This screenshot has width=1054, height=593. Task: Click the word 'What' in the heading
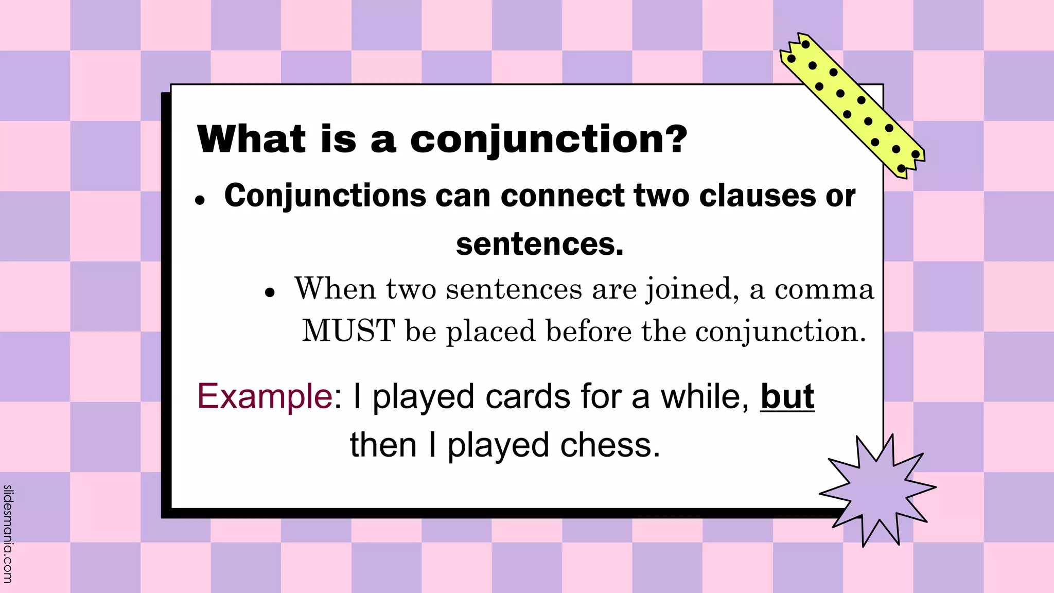(251, 139)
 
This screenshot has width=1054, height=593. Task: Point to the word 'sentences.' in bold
(539, 244)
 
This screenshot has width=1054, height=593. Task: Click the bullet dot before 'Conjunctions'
(200, 200)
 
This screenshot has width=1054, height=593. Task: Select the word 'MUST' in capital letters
(348, 330)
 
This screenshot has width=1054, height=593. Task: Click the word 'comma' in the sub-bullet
(824, 289)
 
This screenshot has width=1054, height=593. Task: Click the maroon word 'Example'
(265, 396)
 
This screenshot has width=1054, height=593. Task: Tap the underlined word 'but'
(787, 396)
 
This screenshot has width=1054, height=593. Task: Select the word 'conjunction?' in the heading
(549, 139)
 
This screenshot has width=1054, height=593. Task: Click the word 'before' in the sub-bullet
(588, 330)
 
